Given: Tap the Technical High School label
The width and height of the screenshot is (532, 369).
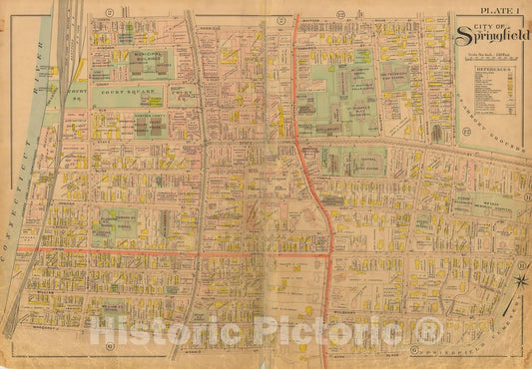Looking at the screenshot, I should (x=392, y=78).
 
